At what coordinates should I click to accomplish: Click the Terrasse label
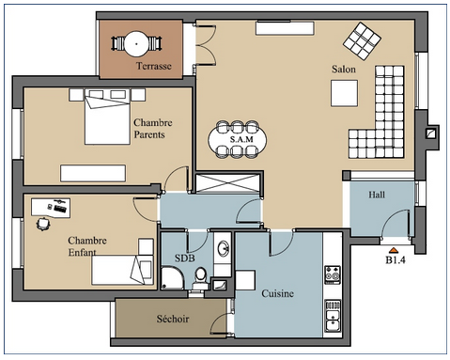pyautogui.click(x=154, y=66)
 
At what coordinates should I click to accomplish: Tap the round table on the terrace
pyautogui.click(x=137, y=43)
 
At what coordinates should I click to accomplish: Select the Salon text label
pyautogui.click(x=344, y=69)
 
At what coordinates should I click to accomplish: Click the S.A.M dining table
pyautogui.click(x=238, y=139)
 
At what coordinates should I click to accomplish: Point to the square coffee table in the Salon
pyautogui.click(x=344, y=93)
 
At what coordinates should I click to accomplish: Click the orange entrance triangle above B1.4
pyautogui.click(x=393, y=250)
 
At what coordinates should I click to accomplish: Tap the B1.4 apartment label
pyautogui.click(x=396, y=259)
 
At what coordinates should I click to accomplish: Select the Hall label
pyautogui.click(x=377, y=195)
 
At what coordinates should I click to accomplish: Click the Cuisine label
pyautogui.click(x=277, y=293)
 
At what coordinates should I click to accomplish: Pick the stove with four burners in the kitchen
pyautogui.click(x=333, y=274)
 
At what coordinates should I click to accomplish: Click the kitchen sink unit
pyautogui.click(x=333, y=316)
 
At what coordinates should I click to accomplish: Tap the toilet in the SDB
pyautogui.click(x=200, y=277)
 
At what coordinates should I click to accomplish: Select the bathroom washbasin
pyautogui.click(x=223, y=249)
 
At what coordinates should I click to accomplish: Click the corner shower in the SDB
pyautogui.click(x=172, y=278)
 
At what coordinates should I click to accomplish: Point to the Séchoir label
pyautogui.click(x=173, y=319)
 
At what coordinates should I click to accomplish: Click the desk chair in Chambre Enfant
pyautogui.click(x=43, y=224)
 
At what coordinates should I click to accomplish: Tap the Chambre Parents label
pyautogui.click(x=153, y=129)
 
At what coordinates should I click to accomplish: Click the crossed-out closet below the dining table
pyautogui.click(x=227, y=182)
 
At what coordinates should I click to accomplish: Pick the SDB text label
pyautogui.click(x=185, y=258)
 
